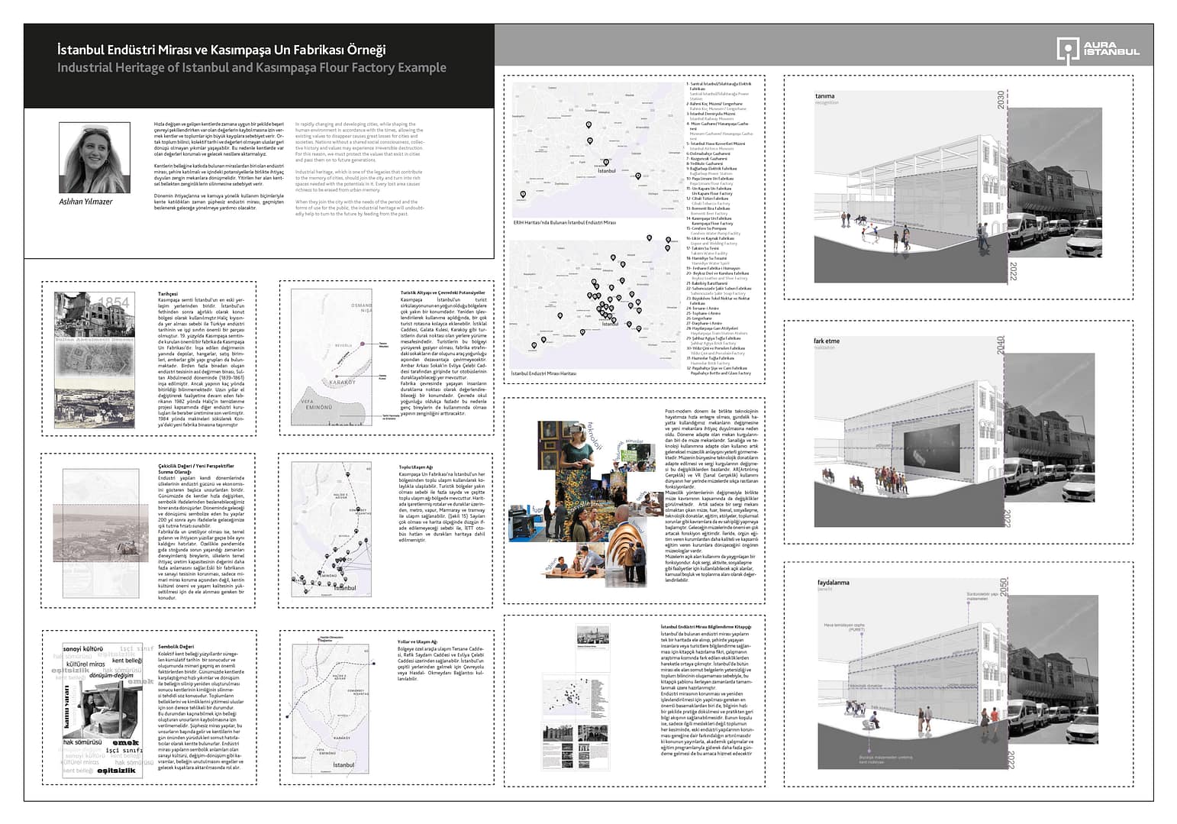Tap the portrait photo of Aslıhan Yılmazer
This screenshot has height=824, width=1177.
pyautogui.click(x=94, y=157)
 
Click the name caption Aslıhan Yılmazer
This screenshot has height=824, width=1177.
pyautogui.click(x=85, y=202)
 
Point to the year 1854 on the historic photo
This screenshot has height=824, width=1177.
pyautogui.click(x=114, y=303)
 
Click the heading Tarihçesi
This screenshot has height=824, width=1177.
pyautogui.click(x=167, y=294)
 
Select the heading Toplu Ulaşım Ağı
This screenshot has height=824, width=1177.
pyautogui.click(x=416, y=467)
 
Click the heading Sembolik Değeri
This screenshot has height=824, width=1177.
pyautogui.click(x=175, y=646)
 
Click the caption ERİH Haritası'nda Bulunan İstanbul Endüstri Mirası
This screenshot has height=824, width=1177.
pyautogui.click(x=564, y=222)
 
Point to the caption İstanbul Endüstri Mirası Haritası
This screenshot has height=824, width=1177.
pyautogui.click(x=543, y=373)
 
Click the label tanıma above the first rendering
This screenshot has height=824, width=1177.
pyautogui.click(x=824, y=96)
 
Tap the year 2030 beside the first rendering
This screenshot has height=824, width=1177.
pyautogui.click(x=1001, y=100)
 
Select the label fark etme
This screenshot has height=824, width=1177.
pyautogui.click(x=827, y=341)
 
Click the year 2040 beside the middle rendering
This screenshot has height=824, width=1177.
pyautogui.click(x=1001, y=345)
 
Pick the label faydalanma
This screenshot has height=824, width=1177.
pyautogui.click(x=832, y=583)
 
